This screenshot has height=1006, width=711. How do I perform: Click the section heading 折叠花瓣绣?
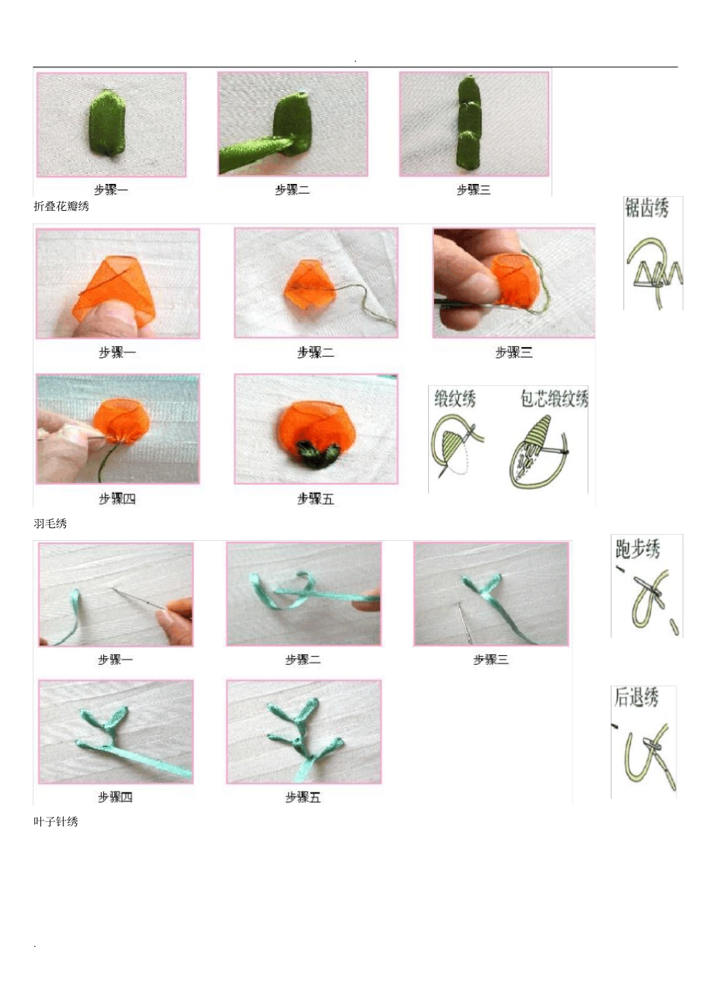(61, 206)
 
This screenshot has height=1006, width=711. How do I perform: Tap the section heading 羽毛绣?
(50, 524)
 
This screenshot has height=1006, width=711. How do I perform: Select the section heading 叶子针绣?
(55, 821)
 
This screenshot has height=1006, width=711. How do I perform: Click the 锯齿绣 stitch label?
(647, 208)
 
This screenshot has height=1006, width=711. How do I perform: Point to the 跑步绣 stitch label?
(638, 549)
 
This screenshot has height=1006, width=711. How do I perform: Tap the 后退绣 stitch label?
(636, 697)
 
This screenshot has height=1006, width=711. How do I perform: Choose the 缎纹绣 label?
(455, 399)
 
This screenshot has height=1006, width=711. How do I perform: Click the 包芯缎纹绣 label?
(554, 399)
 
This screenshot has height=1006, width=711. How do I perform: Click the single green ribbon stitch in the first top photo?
(108, 123)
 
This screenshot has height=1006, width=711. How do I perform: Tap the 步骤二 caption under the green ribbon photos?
(292, 190)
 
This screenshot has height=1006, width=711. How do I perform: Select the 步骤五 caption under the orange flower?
(315, 499)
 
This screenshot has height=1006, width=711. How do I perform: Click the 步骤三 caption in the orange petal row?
(513, 352)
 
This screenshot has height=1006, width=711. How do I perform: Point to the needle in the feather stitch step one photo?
(138, 598)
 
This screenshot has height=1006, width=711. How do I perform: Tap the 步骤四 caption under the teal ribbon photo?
(115, 797)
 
